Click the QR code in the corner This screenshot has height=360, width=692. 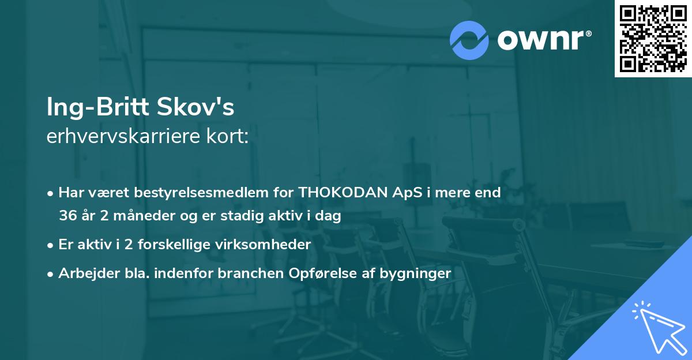(653, 39)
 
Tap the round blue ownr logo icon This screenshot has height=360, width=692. (469, 39)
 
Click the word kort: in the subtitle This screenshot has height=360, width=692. (231, 137)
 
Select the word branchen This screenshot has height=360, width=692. (252, 273)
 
